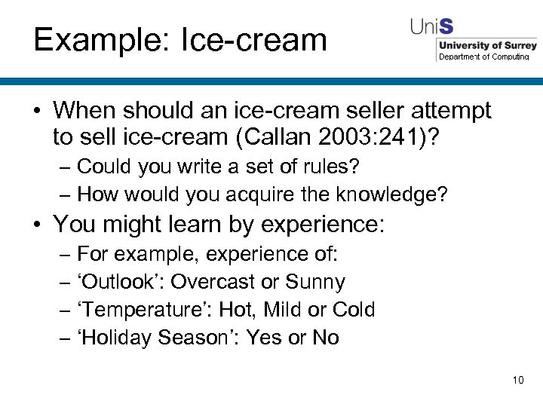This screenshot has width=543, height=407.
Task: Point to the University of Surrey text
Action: click(x=487, y=46)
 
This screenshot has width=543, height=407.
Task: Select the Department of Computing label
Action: click(x=483, y=57)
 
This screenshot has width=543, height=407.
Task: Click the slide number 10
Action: click(x=517, y=380)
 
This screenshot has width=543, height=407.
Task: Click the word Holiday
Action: click(x=117, y=338)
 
